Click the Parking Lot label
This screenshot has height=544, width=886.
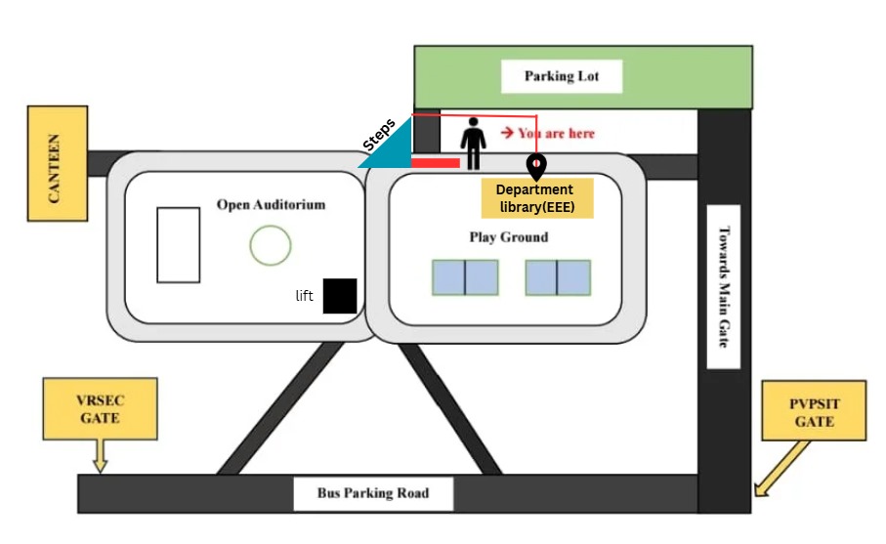point(561,76)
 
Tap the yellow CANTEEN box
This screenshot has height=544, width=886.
point(58,163)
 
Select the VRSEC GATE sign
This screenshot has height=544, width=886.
point(100,409)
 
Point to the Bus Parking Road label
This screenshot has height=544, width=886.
point(373,493)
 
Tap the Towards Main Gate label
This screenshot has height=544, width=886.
point(724,287)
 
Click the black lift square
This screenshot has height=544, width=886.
point(340,296)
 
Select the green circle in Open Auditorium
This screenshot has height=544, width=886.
point(271,245)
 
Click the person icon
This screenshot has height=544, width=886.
point(473,144)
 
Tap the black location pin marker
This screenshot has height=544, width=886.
point(536,167)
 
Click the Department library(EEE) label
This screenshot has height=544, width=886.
point(537,198)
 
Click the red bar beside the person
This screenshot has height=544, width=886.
point(436,163)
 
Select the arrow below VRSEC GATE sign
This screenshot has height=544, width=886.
point(100,456)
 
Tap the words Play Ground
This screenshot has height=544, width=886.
point(509,236)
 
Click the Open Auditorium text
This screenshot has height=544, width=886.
point(272,204)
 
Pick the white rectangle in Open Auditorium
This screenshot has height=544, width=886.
point(179,245)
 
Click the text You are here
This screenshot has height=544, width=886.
point(556,134)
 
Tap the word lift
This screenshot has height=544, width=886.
point(304,296)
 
